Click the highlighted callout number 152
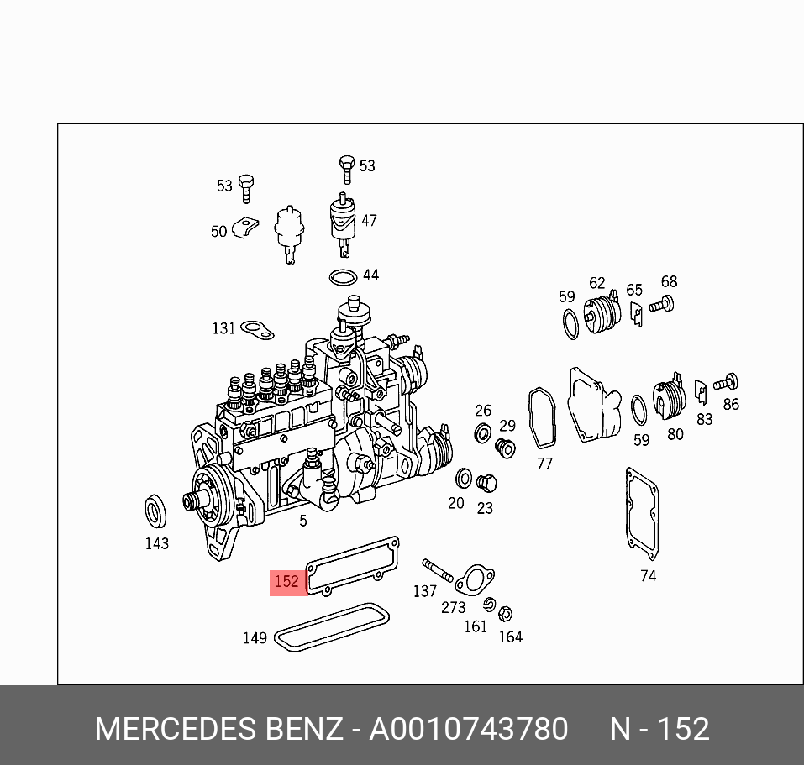click(x=286, y=582)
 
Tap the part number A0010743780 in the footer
click(x=468, y=729)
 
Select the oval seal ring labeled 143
click(x=155, y=511)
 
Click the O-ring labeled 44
click(x=343, y=278)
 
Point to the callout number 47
click(x=369, y=220)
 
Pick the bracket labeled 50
click(x=245, y=228)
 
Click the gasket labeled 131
click(x=257, y=330)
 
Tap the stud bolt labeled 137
click(x=438, y=570)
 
